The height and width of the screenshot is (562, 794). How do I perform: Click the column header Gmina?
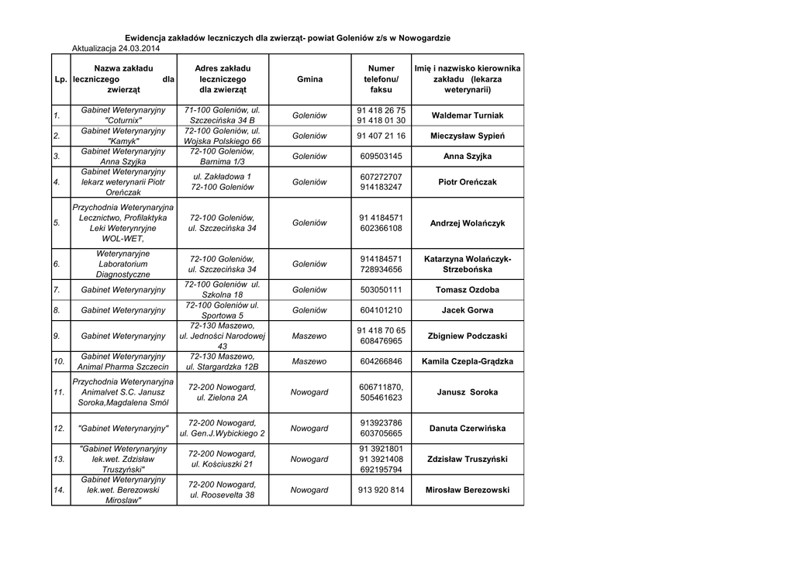309,79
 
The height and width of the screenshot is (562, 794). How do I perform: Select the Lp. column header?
60,79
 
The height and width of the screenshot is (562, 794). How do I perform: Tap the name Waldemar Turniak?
467,116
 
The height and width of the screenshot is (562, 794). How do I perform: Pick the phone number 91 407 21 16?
381,136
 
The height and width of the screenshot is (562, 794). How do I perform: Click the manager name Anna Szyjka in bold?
467,157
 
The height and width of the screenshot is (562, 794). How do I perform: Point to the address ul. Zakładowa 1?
223,177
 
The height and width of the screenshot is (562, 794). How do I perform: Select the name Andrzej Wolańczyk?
467,223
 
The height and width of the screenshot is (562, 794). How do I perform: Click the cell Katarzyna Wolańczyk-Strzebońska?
467,264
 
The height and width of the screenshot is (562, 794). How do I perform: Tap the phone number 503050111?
381,290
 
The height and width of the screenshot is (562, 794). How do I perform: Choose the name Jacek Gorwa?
467,310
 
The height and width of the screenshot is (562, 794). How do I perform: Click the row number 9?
57,336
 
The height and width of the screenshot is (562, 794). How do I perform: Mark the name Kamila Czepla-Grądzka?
467,361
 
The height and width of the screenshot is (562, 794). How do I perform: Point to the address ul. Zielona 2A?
223,398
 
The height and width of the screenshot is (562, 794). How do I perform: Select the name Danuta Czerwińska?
467,428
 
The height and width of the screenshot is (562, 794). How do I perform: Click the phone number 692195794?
381,470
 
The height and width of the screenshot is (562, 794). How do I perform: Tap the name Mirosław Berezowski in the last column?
467,490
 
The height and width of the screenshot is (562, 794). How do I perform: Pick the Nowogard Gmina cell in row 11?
309,392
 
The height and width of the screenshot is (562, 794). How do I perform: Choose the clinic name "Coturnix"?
123,121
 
